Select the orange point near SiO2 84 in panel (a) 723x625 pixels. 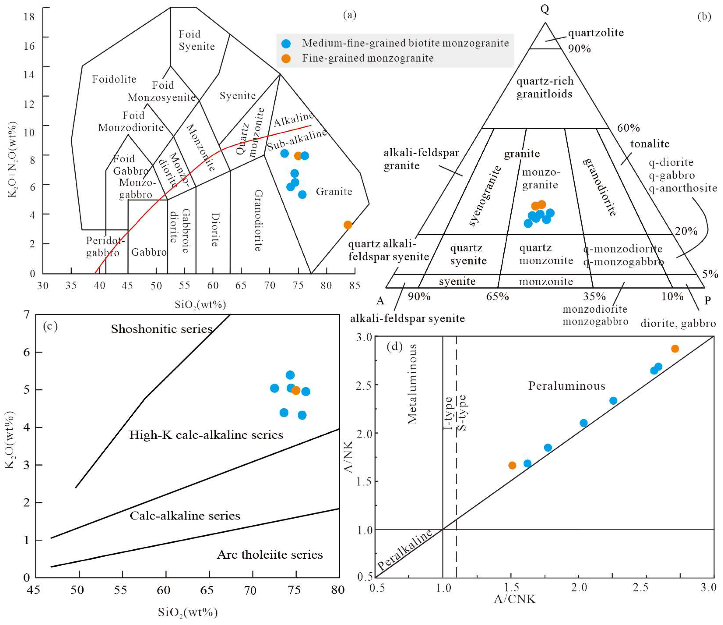point(348,225)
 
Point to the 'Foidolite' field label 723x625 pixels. point(114,79)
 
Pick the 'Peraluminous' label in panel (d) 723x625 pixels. point(567,386)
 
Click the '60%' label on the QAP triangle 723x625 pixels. point(629,128)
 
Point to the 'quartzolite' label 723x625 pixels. point(596,33)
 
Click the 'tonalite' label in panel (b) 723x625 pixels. point(650,144)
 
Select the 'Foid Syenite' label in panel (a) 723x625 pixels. point(196,40)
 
